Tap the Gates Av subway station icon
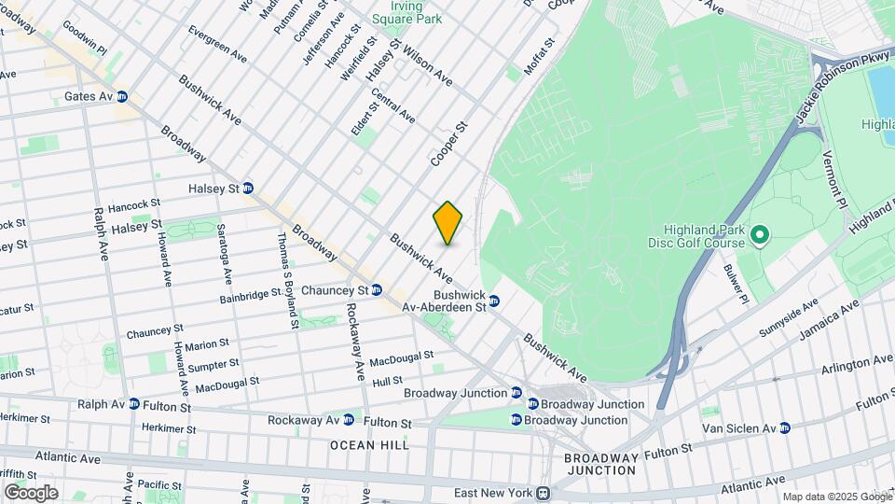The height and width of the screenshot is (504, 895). (121, 96)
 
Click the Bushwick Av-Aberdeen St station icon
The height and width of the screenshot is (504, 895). (494, 301)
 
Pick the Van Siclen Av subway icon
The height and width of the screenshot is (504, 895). (784, 428)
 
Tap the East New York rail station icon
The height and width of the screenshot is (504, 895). (544, 493)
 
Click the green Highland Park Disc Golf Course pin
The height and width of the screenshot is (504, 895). (758, 235)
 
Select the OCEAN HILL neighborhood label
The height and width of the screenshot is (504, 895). (369, 445)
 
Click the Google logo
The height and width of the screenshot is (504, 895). (30, 492)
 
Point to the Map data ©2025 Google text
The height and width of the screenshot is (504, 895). (836, 497)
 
